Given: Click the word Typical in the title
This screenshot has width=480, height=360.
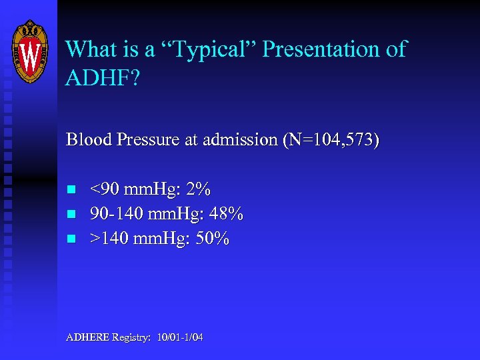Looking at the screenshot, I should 213,49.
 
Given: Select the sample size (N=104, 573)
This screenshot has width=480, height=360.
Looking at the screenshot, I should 330,140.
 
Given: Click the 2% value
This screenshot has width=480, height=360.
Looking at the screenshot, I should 199,190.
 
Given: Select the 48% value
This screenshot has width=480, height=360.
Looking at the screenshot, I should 227,214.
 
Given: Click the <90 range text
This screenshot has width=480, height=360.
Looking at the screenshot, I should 105,190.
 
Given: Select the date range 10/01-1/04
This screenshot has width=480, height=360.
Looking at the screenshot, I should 180,337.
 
